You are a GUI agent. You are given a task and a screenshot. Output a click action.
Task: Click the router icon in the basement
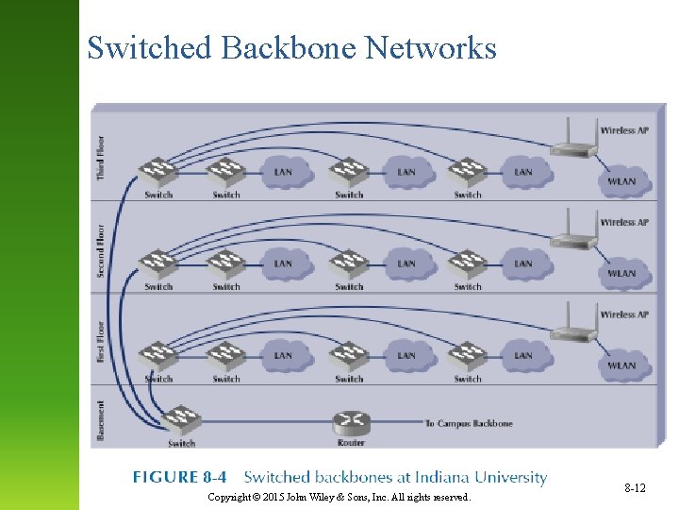(x=351, y=423)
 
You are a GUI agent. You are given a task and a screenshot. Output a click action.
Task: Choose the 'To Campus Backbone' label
(x=469, y=424)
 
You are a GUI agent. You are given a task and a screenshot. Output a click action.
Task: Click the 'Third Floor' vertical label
(x=101, y=158)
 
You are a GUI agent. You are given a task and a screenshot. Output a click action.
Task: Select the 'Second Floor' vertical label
(x=101, y=250)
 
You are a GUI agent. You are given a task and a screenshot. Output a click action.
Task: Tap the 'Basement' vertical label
(x=101, y=418)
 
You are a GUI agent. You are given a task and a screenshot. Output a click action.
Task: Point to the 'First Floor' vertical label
(x=101, y=343)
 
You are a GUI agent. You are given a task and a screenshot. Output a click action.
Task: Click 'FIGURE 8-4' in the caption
(x=179, y=478)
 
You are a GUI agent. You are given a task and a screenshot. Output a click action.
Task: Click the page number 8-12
(x=635, y=488)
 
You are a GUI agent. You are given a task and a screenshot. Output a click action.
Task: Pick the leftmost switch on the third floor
(x=157, y=172)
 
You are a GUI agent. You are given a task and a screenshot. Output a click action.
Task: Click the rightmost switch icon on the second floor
(x=467, y=263)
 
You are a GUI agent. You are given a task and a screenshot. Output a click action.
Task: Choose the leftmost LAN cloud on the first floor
(x=283, y=356)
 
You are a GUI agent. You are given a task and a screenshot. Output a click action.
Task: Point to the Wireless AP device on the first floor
(x=573, y=327)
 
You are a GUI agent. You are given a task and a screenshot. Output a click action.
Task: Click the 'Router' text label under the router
(x=351, y=443)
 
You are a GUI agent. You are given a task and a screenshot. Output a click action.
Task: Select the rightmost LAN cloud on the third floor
(x=523, y=172)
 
